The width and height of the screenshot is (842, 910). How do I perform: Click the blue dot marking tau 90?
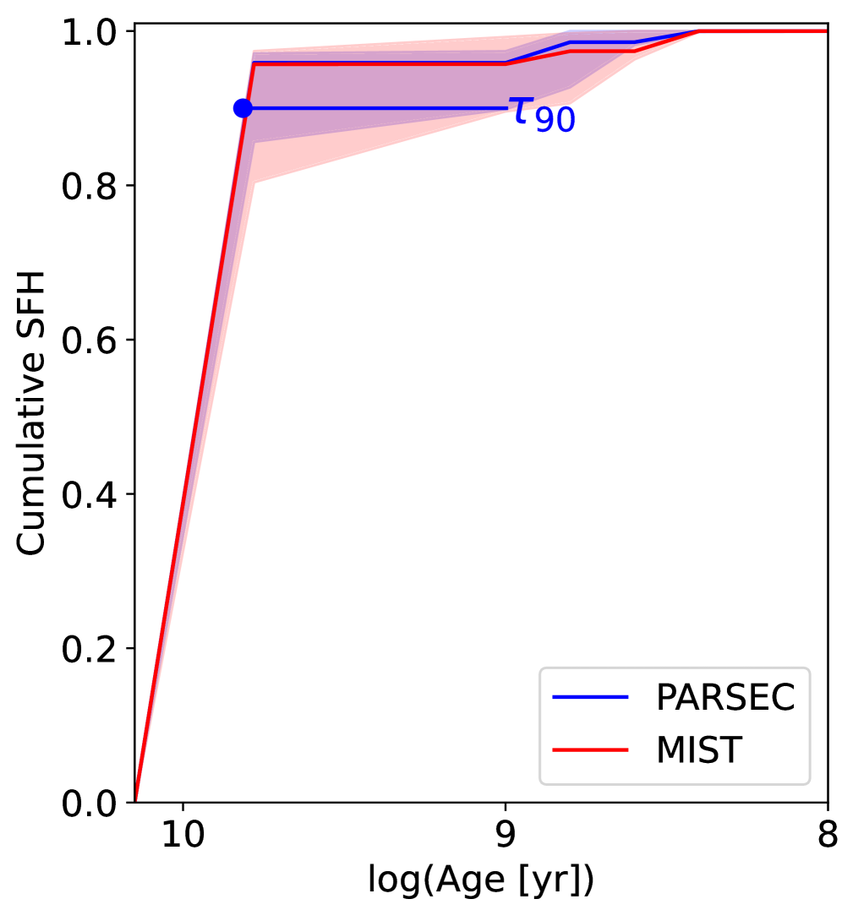point(243,108)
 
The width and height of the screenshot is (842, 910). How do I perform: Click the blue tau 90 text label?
point(541,113)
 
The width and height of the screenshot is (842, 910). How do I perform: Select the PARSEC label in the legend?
point(725,698)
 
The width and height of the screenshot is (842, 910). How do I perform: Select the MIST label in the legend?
point(697,749)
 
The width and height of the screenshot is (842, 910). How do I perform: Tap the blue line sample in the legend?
point(591,698)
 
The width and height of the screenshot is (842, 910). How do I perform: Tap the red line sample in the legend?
point(591,749)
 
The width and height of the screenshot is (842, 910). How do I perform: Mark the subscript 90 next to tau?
point(555,121)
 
